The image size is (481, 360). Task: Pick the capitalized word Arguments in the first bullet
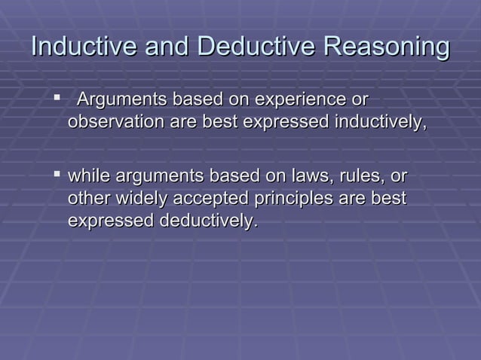(x=123, y=99)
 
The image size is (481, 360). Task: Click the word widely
(x=141, y=199)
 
